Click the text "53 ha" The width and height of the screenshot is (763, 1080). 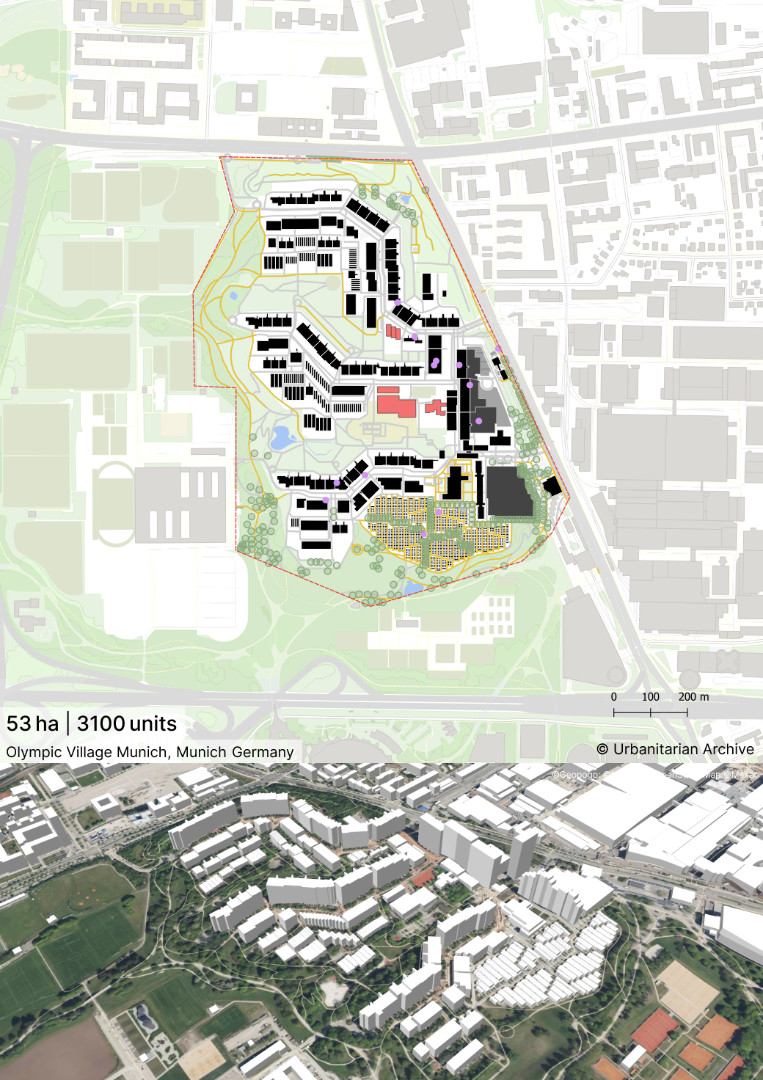pos(32,723)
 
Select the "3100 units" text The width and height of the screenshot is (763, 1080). pos(127,723)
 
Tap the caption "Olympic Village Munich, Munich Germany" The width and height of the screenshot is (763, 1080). pos(150,752)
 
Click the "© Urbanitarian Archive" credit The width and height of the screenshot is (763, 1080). pos(675,749)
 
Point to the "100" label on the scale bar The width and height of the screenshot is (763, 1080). pos(650,697)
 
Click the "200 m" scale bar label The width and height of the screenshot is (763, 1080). pos(693,697)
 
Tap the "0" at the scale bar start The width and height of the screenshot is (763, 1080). pos(614,697)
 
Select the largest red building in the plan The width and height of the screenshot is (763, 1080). pos(396,404)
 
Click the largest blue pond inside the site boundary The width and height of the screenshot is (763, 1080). pos(282,438)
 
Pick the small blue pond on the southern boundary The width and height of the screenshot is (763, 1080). pos(413,588)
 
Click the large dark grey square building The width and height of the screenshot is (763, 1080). pos(508,490)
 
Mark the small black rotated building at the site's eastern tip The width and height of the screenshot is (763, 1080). pos(552,486)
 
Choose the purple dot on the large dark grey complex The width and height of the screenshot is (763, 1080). pos(479,421)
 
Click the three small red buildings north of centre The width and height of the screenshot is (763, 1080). pos(394,332)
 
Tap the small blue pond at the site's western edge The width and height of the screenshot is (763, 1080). pos(233,296)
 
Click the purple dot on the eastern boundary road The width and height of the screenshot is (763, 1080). pos(498,349)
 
